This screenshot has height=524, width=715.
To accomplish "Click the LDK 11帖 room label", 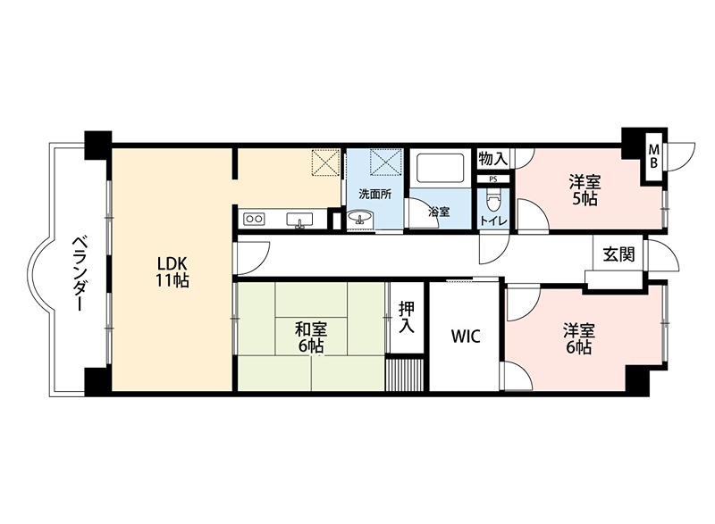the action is (172, 271).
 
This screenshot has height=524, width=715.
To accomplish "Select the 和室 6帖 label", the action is (311, 337).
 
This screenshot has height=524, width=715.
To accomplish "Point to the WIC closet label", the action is (466, 337).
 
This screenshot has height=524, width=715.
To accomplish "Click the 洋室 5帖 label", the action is (585, 191).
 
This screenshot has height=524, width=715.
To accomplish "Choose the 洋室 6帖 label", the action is (578, 338).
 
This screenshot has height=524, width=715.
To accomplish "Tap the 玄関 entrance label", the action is (618, 254).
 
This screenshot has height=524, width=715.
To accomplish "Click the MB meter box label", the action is (654, 156).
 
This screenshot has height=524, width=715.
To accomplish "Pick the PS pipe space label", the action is (493, 179).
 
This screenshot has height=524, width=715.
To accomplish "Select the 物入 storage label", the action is (493, 159).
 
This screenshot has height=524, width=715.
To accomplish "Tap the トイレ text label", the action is (493, 221).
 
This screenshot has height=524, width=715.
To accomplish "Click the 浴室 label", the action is (440, 212).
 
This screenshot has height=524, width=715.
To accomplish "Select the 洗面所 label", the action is (374, 194).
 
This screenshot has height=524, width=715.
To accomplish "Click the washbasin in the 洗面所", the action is (360, 218).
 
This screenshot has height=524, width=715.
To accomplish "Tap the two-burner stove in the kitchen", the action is (254, 219).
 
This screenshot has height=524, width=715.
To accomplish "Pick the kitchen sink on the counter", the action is (299, 220).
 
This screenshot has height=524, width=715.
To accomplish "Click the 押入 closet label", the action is (407, 317).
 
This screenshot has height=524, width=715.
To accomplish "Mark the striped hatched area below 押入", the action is (405, 374).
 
